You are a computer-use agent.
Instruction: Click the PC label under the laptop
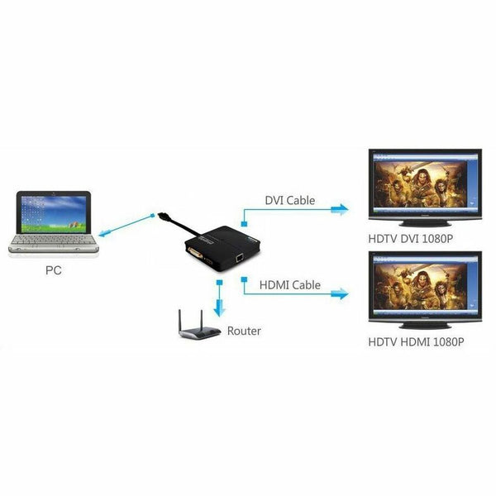54,270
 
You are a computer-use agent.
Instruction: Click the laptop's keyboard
53,240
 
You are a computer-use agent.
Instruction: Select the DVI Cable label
290,201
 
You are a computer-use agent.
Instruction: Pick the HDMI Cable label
290,285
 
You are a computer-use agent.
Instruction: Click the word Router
244,331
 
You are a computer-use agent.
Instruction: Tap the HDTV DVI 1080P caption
411,239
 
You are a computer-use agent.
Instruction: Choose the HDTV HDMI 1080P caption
416,342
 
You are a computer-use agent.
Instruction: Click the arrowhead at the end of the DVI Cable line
340,209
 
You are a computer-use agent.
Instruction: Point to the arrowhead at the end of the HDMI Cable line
340,293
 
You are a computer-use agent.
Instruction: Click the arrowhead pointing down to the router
219,308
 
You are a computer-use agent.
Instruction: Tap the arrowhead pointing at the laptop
104,233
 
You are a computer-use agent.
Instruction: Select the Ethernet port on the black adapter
239,259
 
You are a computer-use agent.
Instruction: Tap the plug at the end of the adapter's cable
163,217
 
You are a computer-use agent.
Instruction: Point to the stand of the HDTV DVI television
425,224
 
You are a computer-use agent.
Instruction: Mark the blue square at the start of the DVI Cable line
244,224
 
